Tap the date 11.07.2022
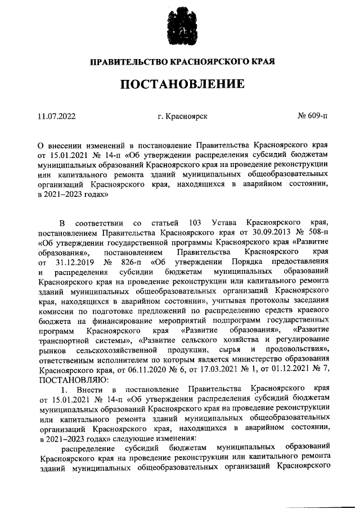[x=56, y=116]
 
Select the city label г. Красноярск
[x=183, y=116]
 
